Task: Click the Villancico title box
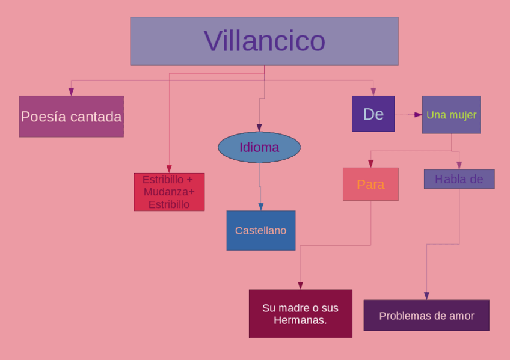264,41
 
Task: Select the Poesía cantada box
71,117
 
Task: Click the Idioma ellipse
259,147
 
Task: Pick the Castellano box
261,230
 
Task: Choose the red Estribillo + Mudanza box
169,192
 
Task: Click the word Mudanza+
169,192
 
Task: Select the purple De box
373,114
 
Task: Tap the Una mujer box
451,114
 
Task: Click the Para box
370,184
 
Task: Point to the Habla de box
459,179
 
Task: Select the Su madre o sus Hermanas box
300,314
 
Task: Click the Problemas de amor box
426,316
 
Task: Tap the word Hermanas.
300,320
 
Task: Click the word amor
461,316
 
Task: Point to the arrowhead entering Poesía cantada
71,92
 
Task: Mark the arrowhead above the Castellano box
261,207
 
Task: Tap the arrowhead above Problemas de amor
426,296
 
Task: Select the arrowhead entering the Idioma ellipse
259,128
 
